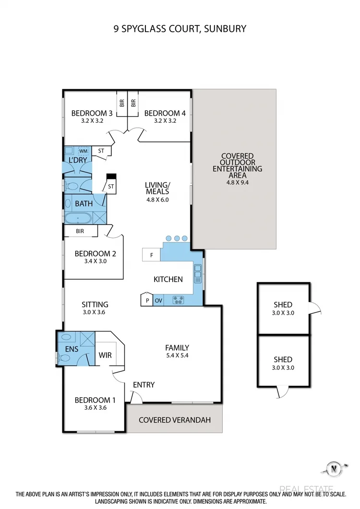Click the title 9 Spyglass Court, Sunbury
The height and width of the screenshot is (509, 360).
(180, 29)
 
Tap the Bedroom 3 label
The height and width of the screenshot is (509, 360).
(92, 113)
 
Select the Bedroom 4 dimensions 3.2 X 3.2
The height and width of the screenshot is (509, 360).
(165, 121)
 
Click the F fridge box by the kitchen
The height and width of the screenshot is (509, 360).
(152, 255)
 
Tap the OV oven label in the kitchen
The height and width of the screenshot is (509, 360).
(158, 301)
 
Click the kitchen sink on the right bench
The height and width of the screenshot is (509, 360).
(197, 274)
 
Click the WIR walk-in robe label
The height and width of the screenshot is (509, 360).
(105, 355)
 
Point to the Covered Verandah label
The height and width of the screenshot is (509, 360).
(174, 420)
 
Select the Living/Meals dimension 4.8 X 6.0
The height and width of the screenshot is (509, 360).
(157, 200)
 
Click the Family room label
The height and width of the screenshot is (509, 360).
(177, 348)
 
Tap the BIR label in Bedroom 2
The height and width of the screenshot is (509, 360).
(80, 231)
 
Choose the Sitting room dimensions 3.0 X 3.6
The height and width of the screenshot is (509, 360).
(95, 312)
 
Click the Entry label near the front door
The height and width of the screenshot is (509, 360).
(144, 385)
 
